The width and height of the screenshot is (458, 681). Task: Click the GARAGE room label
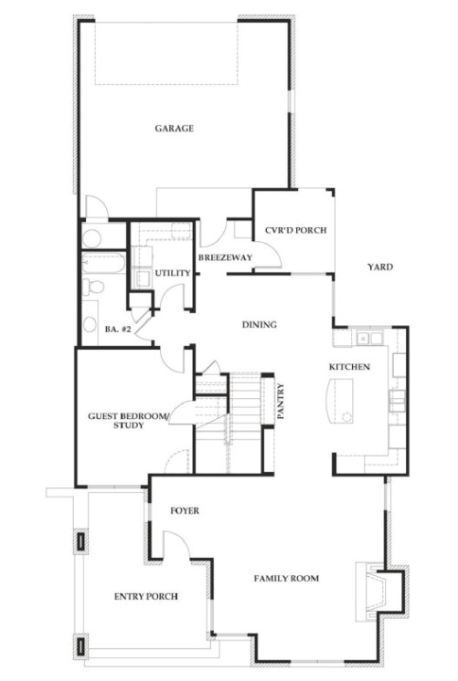[x=174, y=129]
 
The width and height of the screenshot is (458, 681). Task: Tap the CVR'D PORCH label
[x=295, y=230]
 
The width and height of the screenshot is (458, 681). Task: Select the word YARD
[x=380, y=267]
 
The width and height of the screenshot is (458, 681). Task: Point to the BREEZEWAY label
[x=225, y=259]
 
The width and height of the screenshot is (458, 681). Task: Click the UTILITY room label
[x=173, y=273]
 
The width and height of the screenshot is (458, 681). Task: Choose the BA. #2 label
[x=119, y=329]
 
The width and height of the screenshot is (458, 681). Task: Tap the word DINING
[x=260, y=325]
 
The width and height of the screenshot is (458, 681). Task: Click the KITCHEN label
[x=349, y=367]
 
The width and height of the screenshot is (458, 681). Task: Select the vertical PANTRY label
[x=281, y=401]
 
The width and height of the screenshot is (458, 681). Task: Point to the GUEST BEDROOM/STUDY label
[x=128, y=420]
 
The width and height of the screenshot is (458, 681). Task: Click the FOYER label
[x=186, y=511]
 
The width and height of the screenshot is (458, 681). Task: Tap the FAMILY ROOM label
[x=286, y=578]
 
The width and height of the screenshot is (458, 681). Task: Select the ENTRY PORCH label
[x=145, y=596]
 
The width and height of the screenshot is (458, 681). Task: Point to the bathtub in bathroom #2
[x=102, y=265]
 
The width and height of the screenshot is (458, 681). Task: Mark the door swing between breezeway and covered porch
[x=267, y=256]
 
